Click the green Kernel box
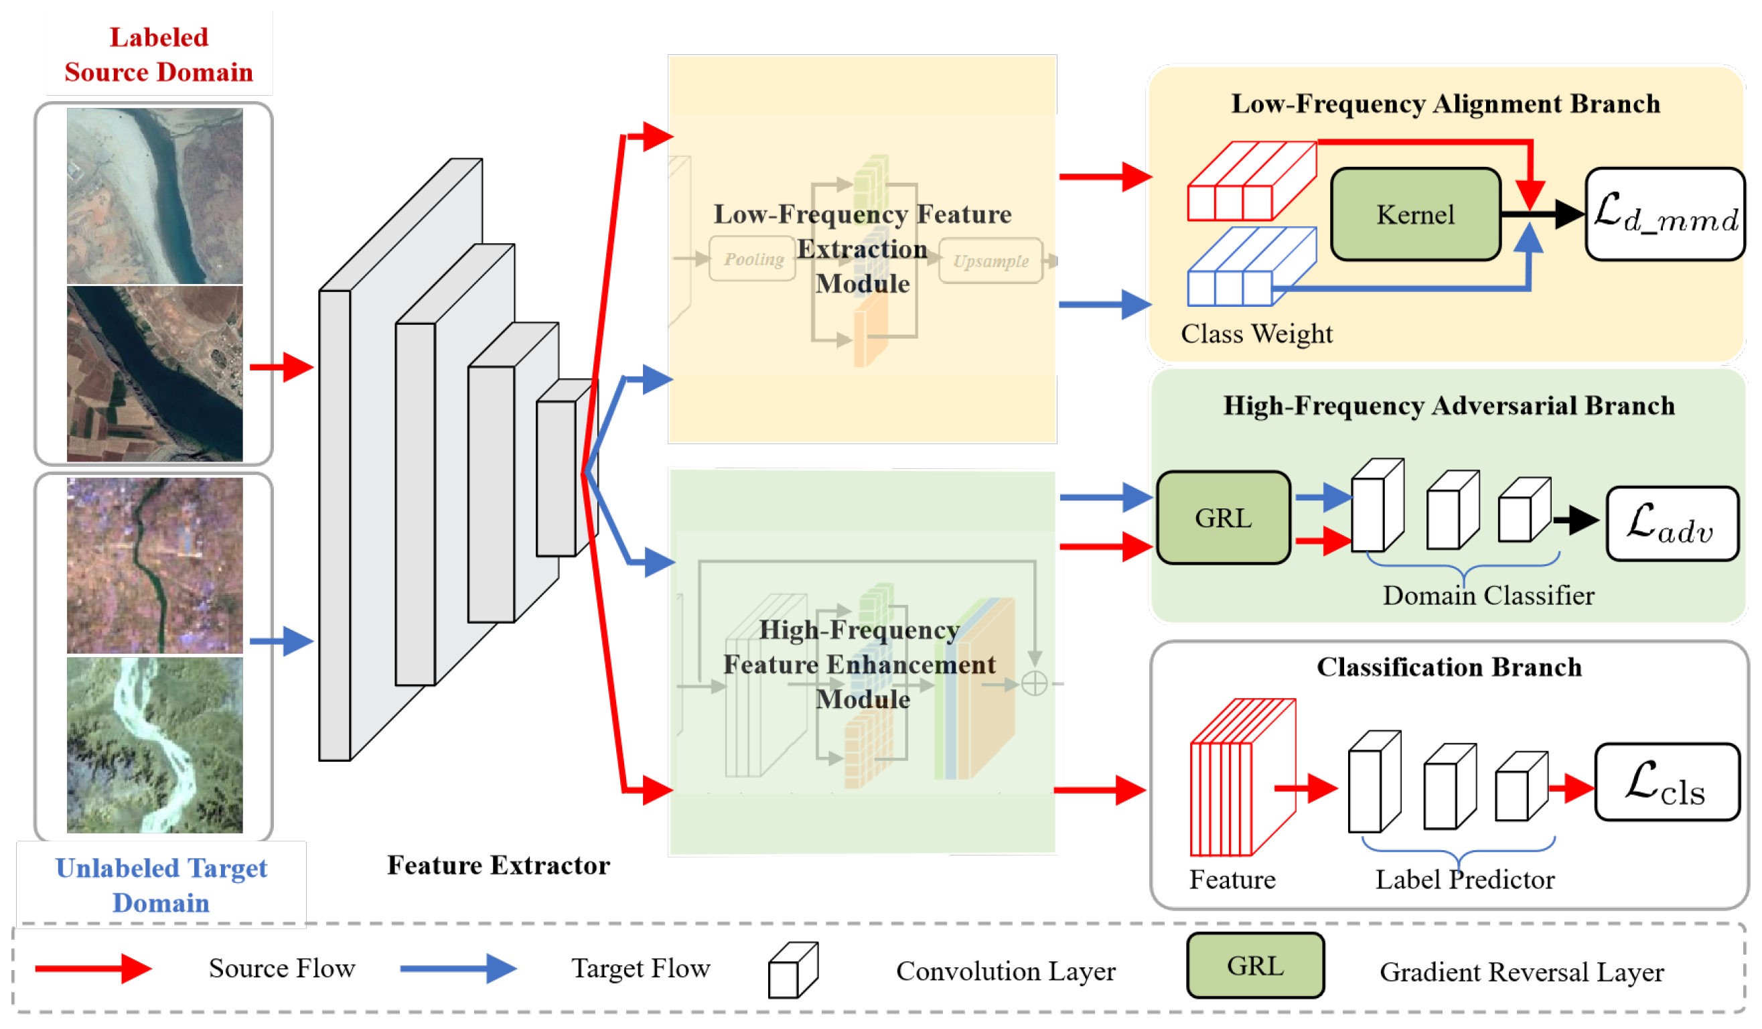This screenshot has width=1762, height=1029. [1414, 214]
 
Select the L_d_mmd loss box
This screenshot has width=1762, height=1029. [1665, 214]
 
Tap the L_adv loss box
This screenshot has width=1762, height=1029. [1672, 524]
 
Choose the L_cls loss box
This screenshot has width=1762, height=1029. [1666, 782]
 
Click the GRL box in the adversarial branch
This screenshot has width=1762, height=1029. [1224, 518]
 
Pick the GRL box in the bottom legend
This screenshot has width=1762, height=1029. [1255, 966]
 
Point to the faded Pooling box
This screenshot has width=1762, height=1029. [752, 259]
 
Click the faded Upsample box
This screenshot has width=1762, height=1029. [990, 261]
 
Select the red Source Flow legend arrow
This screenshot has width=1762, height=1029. [93, 969]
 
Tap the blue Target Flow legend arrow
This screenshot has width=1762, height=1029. [458, 969]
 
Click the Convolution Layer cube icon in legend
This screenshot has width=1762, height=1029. [792, 970]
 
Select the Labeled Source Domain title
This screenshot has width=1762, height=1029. [159, 54]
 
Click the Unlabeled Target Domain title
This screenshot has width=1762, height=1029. [161, 885]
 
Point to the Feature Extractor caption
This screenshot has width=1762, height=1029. [498, 866]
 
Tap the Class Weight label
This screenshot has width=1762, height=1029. [1256, 334]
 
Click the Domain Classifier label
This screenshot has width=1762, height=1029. [1488, 596]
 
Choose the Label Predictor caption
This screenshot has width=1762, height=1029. [1465, 880]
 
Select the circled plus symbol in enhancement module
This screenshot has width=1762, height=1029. [1034, 683]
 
